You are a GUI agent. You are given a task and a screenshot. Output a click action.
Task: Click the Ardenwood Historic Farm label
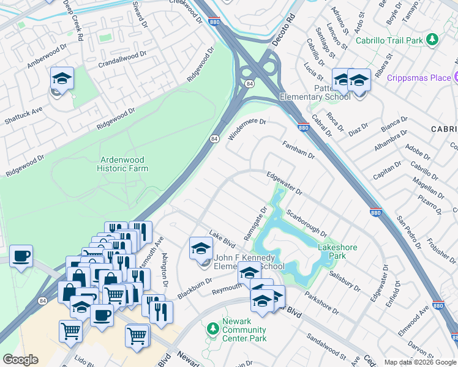tap(124, 164)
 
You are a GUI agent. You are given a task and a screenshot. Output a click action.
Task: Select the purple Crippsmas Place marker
tap(456, 78)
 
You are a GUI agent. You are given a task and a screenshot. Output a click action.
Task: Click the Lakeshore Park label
tap(336, 251)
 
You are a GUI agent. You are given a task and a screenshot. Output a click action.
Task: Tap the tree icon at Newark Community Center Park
tap(212, 330)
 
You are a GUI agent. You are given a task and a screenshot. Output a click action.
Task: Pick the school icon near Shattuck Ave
tap(62, 80)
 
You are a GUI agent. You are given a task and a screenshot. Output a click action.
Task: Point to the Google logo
tap(20, 360)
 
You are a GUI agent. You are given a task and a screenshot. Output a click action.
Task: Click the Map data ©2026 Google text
tap(420, 362)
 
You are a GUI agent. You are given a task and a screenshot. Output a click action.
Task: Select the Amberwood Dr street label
tap(47, 57)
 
